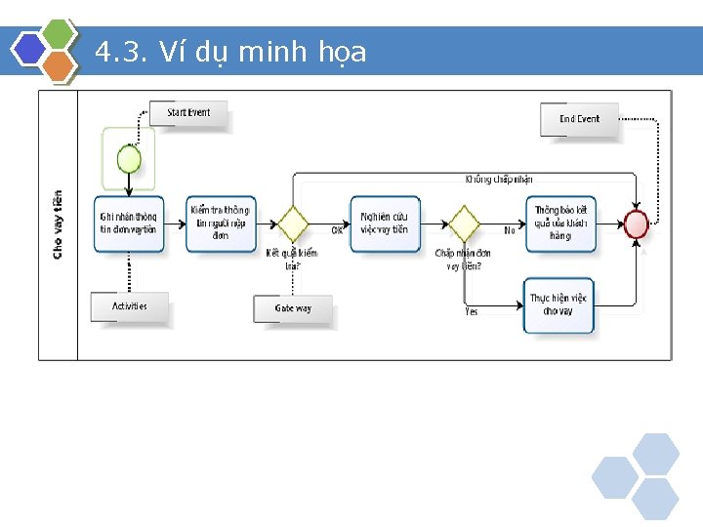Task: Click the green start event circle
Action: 129,159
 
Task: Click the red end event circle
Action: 637,223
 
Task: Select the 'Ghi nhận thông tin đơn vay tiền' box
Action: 128,223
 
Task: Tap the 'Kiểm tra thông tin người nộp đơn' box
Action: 220,223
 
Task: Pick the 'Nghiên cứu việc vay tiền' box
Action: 385,223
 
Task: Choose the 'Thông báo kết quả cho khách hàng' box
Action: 559,223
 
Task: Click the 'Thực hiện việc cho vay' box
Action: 558,304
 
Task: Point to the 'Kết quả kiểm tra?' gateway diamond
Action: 293,223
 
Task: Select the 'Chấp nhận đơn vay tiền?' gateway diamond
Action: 463,223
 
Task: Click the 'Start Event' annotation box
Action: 188,113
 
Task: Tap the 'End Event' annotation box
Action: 580,119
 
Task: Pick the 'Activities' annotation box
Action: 130,306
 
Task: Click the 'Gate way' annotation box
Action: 293,308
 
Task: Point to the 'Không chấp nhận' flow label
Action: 499,180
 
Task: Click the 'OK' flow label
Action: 337,231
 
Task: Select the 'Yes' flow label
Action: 472,311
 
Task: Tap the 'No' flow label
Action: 510,231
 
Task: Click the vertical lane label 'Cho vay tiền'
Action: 58,224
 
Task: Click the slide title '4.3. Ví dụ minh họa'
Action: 231,52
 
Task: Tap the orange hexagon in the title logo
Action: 60,66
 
